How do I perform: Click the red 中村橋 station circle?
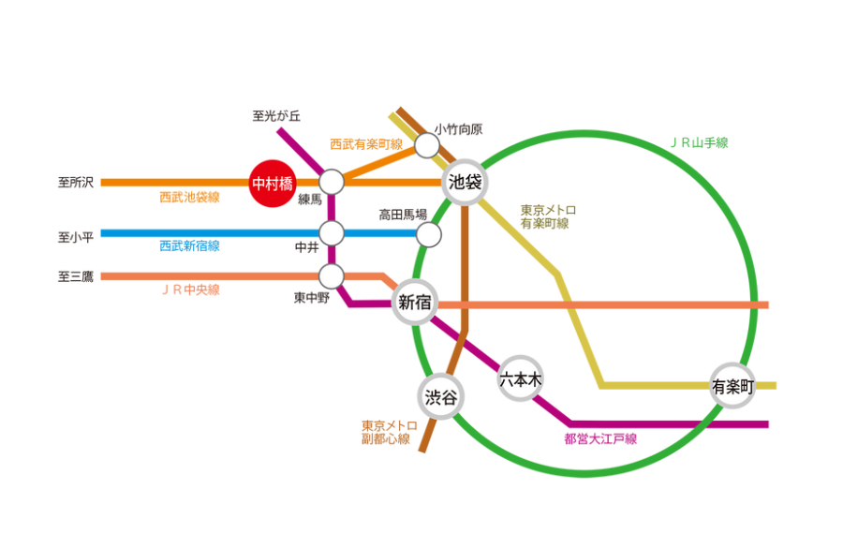pyautogui.click(x=273, y=183)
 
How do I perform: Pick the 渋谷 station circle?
pyautogui.click(x=441, y=397)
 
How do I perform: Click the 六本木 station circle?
pyautogui.click(x=521, y=379)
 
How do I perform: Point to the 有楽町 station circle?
pyautogui.click(x=732, y=386)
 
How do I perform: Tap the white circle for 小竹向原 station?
pyautogui.click(x=427, y=145)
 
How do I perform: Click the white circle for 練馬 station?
pyautogui.click(x=332, y=182)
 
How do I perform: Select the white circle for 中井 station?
pyautogui.click(x=332, y=232)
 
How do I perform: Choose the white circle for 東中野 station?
pyautogui.click(x=332, y=276)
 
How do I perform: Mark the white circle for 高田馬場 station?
pyautogui.click(x=428, y=233)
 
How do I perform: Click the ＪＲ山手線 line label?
pyautogui.click(x=699, y=143)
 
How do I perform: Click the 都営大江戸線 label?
pyautogui.click(x=600, y=438)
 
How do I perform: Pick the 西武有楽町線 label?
pyautogui.click(x=366, y=144)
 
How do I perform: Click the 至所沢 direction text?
pyautogui.click(x=76, y=183)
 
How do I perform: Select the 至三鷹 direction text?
pyautogui.click(x=76, y=276)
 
